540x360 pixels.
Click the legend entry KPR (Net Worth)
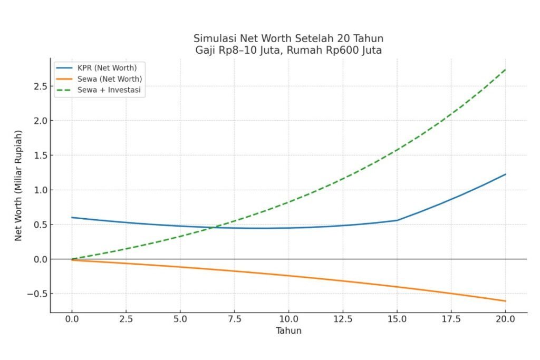point(103,68)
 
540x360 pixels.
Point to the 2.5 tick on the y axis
point(40,86)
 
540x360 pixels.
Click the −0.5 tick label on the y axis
point(37,294)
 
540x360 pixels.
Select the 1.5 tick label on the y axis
point(40,155)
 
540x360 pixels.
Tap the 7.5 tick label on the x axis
point(235,319)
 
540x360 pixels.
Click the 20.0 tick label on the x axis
point(506,319)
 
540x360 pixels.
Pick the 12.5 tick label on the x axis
point(343,319)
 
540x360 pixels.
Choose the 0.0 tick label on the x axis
point(72,319)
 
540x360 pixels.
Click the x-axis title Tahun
point(288,330)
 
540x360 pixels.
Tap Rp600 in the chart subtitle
point(344,50)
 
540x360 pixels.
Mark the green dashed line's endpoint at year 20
point(506,70)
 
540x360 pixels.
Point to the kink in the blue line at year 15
point(397,220)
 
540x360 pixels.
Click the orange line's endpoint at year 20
point(506,301)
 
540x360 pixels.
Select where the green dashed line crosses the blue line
point(213,227)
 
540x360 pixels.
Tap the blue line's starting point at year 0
point(72,218)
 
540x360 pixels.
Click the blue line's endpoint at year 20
point(506,174)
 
